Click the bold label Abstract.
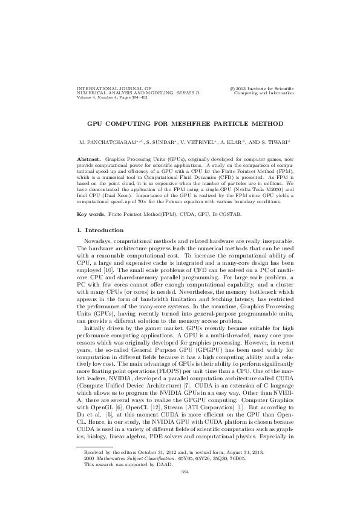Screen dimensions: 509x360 tap(90, 158)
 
